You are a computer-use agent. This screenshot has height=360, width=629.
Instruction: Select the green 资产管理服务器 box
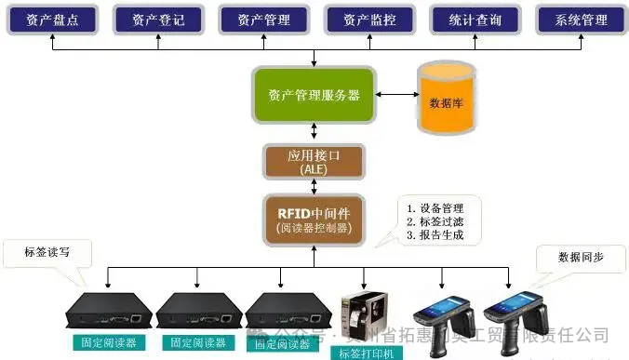coord(314,95)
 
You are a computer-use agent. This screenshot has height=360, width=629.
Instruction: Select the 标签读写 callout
coord(44,250)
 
